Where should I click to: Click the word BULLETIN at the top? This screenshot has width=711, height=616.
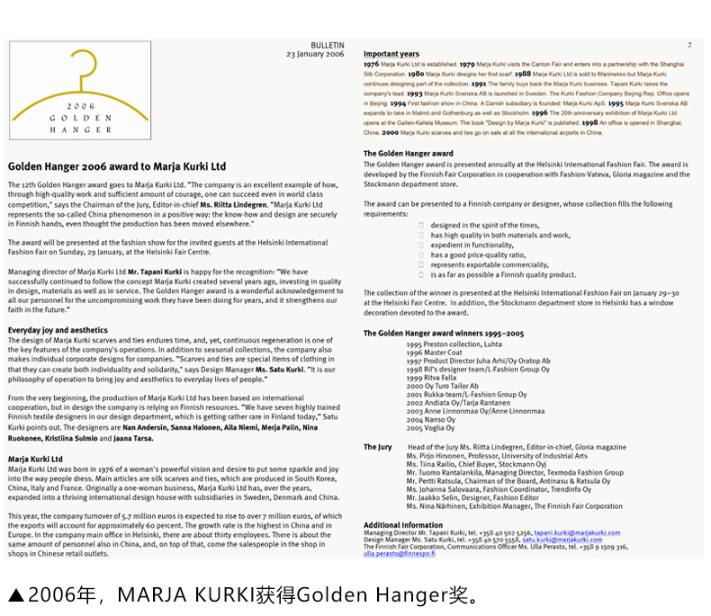[327, 45]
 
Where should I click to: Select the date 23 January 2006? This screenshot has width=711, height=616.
[315, 54]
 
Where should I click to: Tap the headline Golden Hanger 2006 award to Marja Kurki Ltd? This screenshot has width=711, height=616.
[117, 166]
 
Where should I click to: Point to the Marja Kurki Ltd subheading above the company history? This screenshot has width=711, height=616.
[35, 459]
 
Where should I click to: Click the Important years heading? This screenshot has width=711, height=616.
[391, 54]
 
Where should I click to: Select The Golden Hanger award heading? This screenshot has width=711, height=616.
[408, 154]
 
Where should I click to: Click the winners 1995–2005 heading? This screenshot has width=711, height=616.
[444, 333]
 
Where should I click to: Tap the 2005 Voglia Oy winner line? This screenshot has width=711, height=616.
[430, 428]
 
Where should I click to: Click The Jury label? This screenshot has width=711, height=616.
[378, 447]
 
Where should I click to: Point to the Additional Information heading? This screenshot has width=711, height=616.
[402, 524]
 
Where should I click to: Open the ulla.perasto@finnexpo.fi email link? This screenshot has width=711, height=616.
[399, 554]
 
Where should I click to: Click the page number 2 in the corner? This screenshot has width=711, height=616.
[689, 44]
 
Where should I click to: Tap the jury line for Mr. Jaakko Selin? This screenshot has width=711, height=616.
[472, 497]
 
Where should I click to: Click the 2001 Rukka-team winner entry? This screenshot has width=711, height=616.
[466, 395]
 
